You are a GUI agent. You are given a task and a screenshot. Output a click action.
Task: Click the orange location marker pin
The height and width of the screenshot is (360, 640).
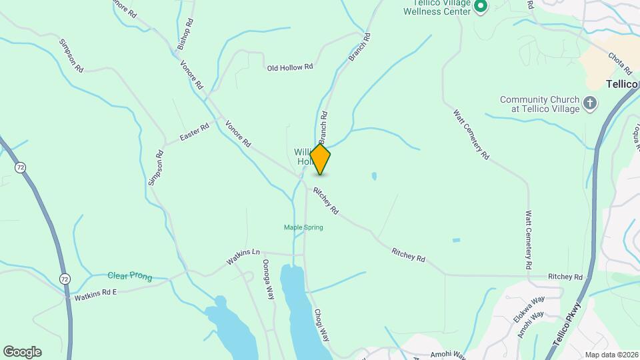tap(321, 159)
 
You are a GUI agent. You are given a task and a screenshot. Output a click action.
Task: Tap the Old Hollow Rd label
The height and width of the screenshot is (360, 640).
tap(290, 67)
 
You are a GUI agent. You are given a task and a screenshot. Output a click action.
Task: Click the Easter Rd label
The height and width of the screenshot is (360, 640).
tap(195, 132)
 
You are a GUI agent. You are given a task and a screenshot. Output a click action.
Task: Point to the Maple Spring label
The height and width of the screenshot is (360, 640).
tap(303, 227)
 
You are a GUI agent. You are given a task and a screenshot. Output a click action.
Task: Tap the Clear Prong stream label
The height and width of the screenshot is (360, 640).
tap(130, 276)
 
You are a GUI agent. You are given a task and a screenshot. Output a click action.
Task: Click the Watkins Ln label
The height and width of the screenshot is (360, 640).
tap(243, 256)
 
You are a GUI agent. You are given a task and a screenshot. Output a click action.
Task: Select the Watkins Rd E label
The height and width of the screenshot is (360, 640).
tap(95, 294)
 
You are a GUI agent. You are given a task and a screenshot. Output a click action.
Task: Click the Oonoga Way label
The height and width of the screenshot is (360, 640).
tap(269, 279)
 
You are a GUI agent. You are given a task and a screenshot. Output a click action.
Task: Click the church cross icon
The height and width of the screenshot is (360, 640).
tap(589, 103)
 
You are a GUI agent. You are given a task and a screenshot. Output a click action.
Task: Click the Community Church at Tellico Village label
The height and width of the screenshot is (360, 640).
tap(537, 104)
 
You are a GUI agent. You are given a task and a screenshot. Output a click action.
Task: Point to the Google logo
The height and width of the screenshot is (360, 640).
tap(22, 352)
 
